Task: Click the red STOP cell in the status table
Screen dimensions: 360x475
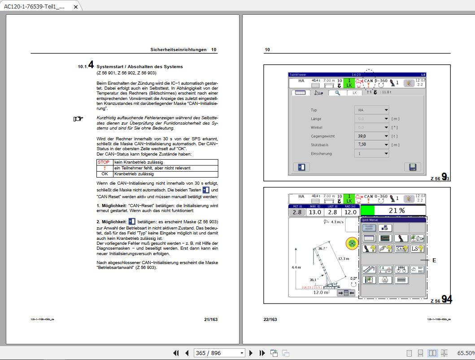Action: [104, 162]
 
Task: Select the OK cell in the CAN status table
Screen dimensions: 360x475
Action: [105, 174]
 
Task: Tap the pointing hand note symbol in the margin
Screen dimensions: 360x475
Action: [78, 119]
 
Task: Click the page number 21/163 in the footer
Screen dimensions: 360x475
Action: [210, 319]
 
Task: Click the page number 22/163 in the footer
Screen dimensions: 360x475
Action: [270, 319]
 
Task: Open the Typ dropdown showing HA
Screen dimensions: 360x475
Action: [372, 110]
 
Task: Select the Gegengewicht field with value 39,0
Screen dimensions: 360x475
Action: [372, 136]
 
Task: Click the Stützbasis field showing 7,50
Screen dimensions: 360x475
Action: [372, 145]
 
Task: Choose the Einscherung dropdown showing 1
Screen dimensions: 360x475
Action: [372, 154]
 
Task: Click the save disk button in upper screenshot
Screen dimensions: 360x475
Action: [412, 167]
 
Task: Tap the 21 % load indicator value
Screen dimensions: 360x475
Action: [397, 211]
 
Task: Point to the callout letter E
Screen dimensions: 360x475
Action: [434, 260]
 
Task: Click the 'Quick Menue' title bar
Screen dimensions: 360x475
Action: [393, 220]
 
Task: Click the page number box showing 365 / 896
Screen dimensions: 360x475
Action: [219, 353]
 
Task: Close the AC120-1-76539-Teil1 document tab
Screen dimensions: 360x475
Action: [76, 7]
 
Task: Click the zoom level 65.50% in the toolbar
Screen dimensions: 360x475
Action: [466, 353]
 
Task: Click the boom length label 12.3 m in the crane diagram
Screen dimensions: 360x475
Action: [344, 259]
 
